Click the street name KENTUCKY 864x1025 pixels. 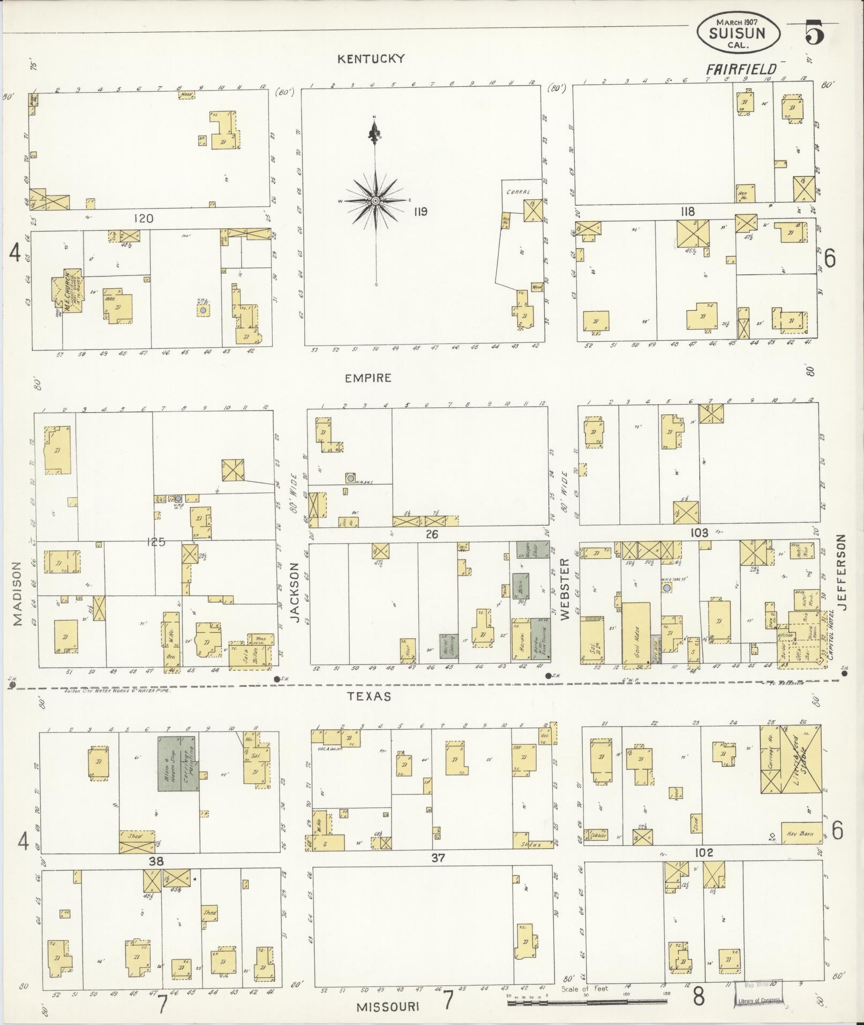tap(370, 59)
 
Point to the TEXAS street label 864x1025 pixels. tap(368, 697)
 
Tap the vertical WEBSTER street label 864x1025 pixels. tap(565, 589)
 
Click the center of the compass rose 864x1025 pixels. tap(375, 200)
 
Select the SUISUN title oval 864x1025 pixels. tap(738, 33)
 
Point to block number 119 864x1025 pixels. tap(420, 212)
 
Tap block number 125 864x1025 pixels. tap(155, 542)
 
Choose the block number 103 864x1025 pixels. tap(700, 533)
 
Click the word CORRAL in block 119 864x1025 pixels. tap(518, 191)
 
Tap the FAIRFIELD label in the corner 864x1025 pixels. tap(741, 69)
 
